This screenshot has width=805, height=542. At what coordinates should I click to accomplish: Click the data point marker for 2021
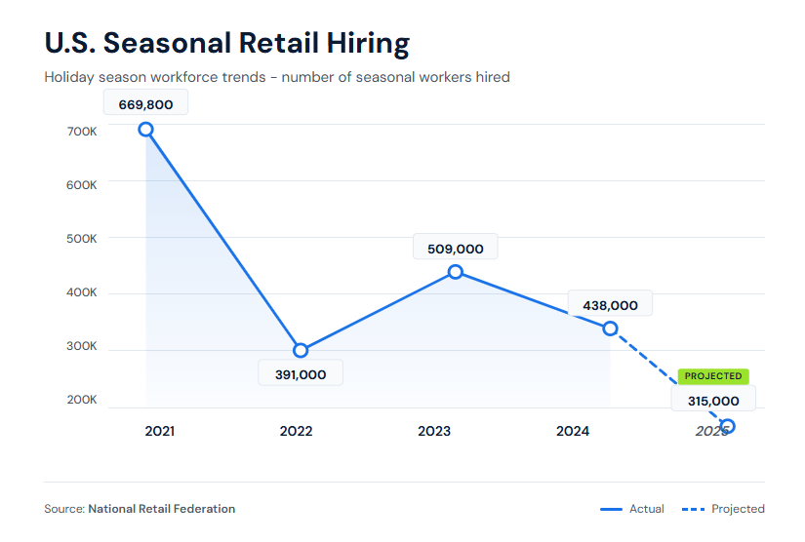[145, 129]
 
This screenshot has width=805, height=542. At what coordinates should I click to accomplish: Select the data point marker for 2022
[301, 350]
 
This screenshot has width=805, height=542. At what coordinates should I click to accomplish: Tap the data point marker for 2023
[455, 271]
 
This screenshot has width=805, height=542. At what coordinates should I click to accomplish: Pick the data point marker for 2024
[610, 329]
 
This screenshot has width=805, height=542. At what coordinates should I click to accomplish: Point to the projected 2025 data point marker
[727, 426]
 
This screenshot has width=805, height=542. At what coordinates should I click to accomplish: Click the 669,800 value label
[145, 104]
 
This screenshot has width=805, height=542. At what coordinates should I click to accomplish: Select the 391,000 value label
[301, 374]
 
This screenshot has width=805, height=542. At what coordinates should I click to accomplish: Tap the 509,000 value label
[455, 248]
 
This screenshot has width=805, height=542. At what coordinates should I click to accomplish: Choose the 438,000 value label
[610, 305]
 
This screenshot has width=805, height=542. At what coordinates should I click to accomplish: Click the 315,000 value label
[712, 401]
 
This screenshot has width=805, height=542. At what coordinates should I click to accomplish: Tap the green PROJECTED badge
[713, 375]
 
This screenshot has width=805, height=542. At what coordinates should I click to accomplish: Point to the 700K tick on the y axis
[82, 131]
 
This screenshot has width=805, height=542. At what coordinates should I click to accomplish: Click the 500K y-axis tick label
[82, 239]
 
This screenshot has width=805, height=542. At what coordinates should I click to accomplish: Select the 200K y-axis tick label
[82, 400]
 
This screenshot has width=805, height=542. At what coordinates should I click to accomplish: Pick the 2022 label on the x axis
[296, 431]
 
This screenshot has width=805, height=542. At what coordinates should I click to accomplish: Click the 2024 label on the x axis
[573, 431]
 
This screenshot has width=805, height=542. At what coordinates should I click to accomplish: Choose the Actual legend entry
[632, 509]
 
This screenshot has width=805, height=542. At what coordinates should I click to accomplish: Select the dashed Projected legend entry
[723, 509]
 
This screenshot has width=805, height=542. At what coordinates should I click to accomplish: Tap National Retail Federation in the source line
[161, 509]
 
